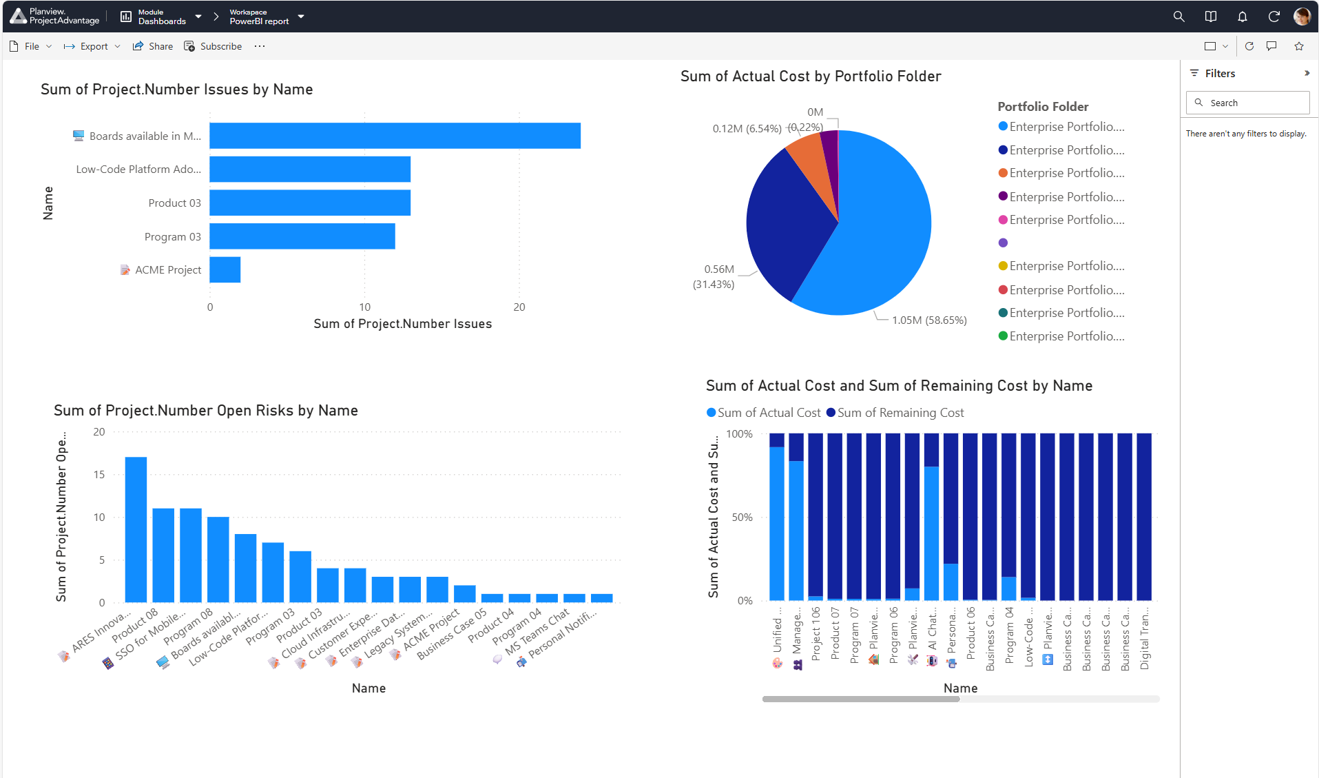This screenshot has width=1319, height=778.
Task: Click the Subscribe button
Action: pyautogui.click(x=214, y=46)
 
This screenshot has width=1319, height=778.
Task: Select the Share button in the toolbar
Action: pyautogui.click(x=153, y=46)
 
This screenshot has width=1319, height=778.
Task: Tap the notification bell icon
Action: pyautogui.click(x=1242, y=17)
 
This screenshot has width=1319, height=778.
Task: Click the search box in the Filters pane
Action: pyautogui.click(x=1247, y=103)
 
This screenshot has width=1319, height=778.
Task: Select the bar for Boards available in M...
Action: pyautogui.click(x=395, y=136)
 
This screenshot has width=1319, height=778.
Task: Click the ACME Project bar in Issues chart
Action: pyautogui.click(x=225, y=269)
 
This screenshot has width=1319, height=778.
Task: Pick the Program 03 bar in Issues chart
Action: pyautogui.click(x=302, y=236)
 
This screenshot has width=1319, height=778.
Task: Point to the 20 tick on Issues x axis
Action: pyautogui.click(x=519, y=307)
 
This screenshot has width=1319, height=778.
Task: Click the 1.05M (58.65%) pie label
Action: pyautogui.click(x=929, y=320)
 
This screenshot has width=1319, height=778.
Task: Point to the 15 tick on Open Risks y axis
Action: pyautogui.click(x=99, y=475)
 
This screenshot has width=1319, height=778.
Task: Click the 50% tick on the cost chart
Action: pyautogui.click(x=742, y=518)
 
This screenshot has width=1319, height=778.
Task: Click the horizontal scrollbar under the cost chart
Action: pyautogui.click(x=861, y=699)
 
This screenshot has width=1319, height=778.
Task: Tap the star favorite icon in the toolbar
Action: pyautogui.click(x=1299, y=46)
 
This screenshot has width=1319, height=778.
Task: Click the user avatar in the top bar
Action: pyautogui.click(x=1302, y=17)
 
